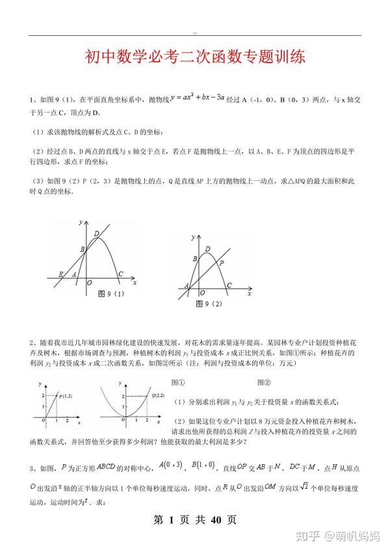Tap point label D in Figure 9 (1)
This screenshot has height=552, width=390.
click(97, 234)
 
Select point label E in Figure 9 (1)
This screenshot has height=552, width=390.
click(62, 274)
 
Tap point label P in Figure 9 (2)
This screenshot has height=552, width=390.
click(222, 262)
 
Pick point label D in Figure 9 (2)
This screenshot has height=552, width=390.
click(207, 249)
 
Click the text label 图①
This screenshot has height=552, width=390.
click(177, 383)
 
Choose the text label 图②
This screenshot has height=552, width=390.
click(264, 383)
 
